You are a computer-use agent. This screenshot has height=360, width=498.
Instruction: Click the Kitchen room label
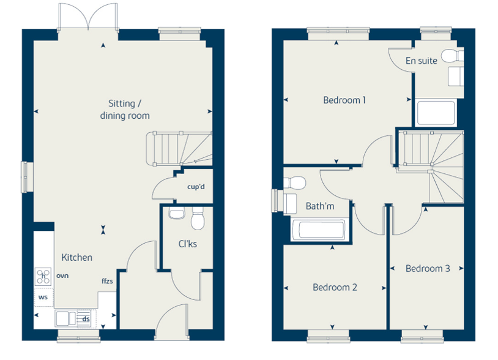77,257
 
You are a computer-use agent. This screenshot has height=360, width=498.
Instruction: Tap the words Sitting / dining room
125,110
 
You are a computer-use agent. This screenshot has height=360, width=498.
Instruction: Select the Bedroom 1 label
344,100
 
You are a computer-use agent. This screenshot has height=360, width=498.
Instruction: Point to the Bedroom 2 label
335,287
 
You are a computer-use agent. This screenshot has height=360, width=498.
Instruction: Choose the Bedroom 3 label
428,269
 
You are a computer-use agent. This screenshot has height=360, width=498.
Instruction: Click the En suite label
421,61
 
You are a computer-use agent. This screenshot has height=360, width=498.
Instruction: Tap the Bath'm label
320,206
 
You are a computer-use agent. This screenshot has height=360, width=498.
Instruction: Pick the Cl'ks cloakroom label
187,244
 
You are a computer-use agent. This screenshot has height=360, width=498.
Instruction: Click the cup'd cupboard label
196,187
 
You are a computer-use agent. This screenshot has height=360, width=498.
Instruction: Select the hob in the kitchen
43,277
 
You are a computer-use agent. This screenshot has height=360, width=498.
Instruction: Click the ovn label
62,276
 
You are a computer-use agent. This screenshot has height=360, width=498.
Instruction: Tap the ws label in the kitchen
43,297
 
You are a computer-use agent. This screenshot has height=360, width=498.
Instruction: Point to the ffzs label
107,281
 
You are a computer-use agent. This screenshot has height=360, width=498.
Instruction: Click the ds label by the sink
86,319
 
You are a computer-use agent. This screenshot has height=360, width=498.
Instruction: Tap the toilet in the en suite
453,56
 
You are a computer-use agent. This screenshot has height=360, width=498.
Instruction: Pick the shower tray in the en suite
436,113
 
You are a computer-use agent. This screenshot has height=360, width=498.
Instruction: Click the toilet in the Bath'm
294,183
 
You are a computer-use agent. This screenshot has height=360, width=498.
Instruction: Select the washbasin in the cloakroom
177,213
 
